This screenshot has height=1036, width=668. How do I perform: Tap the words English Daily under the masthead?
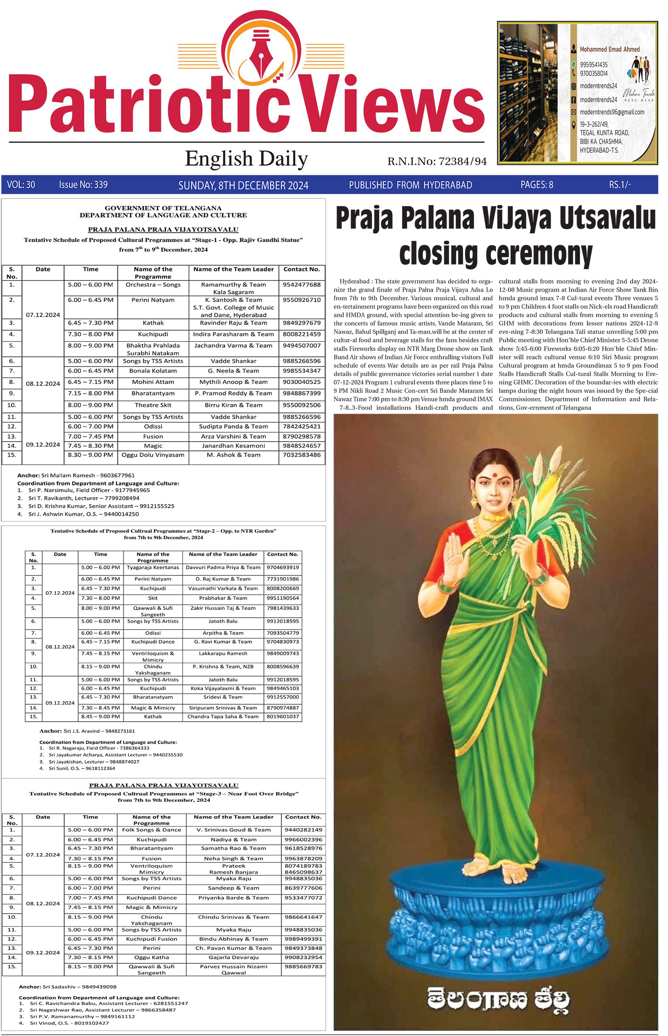coord(246,159)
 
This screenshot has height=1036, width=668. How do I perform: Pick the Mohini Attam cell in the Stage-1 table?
coord(153,382)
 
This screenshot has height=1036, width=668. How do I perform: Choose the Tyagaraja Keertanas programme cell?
coord(153,567)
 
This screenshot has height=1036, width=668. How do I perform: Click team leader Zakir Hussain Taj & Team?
coord(223,608)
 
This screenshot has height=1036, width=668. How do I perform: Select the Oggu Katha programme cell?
coord(152,957)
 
